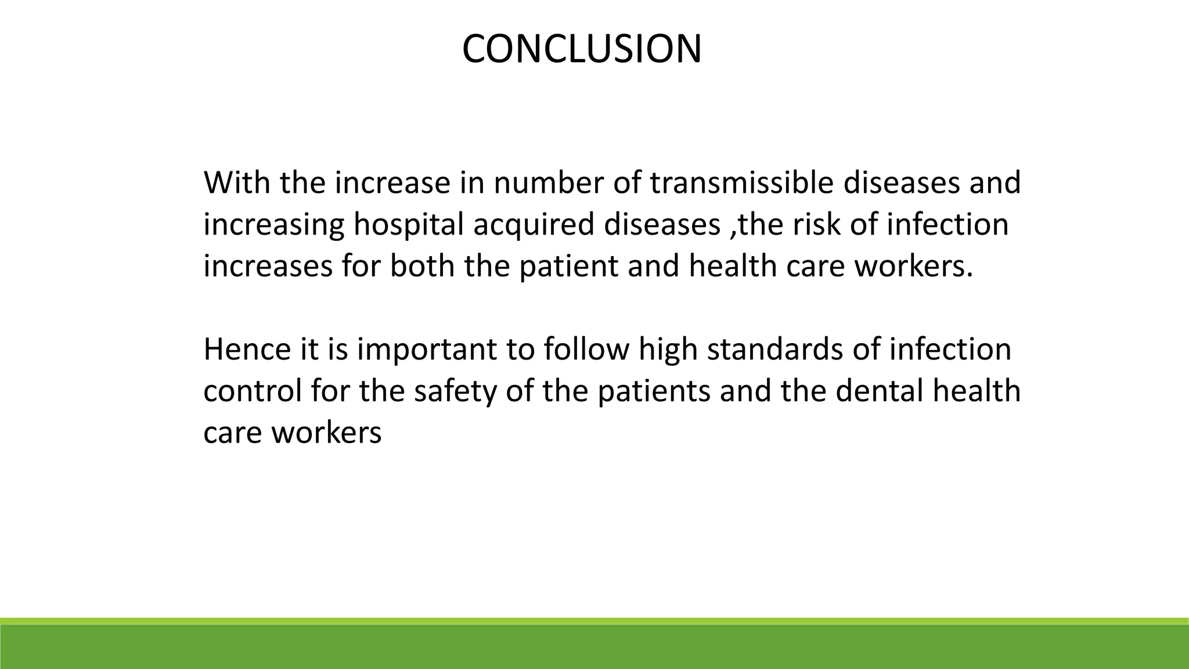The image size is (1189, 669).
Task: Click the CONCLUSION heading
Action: click(x=582, y=49)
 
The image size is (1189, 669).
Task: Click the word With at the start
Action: click(x=237, y=183)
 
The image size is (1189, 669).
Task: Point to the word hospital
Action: click(x=416, y=225)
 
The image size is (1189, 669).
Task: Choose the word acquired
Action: click(x=538, y=225)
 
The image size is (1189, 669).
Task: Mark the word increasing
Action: click(x=273, y=225)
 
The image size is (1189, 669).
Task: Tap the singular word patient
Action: click(x=568, y=267)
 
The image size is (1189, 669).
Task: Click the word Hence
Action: click(x=247, y=350)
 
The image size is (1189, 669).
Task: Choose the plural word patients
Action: click(x=654, y=391)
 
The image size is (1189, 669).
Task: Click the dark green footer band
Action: click(x=594, y=648)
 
